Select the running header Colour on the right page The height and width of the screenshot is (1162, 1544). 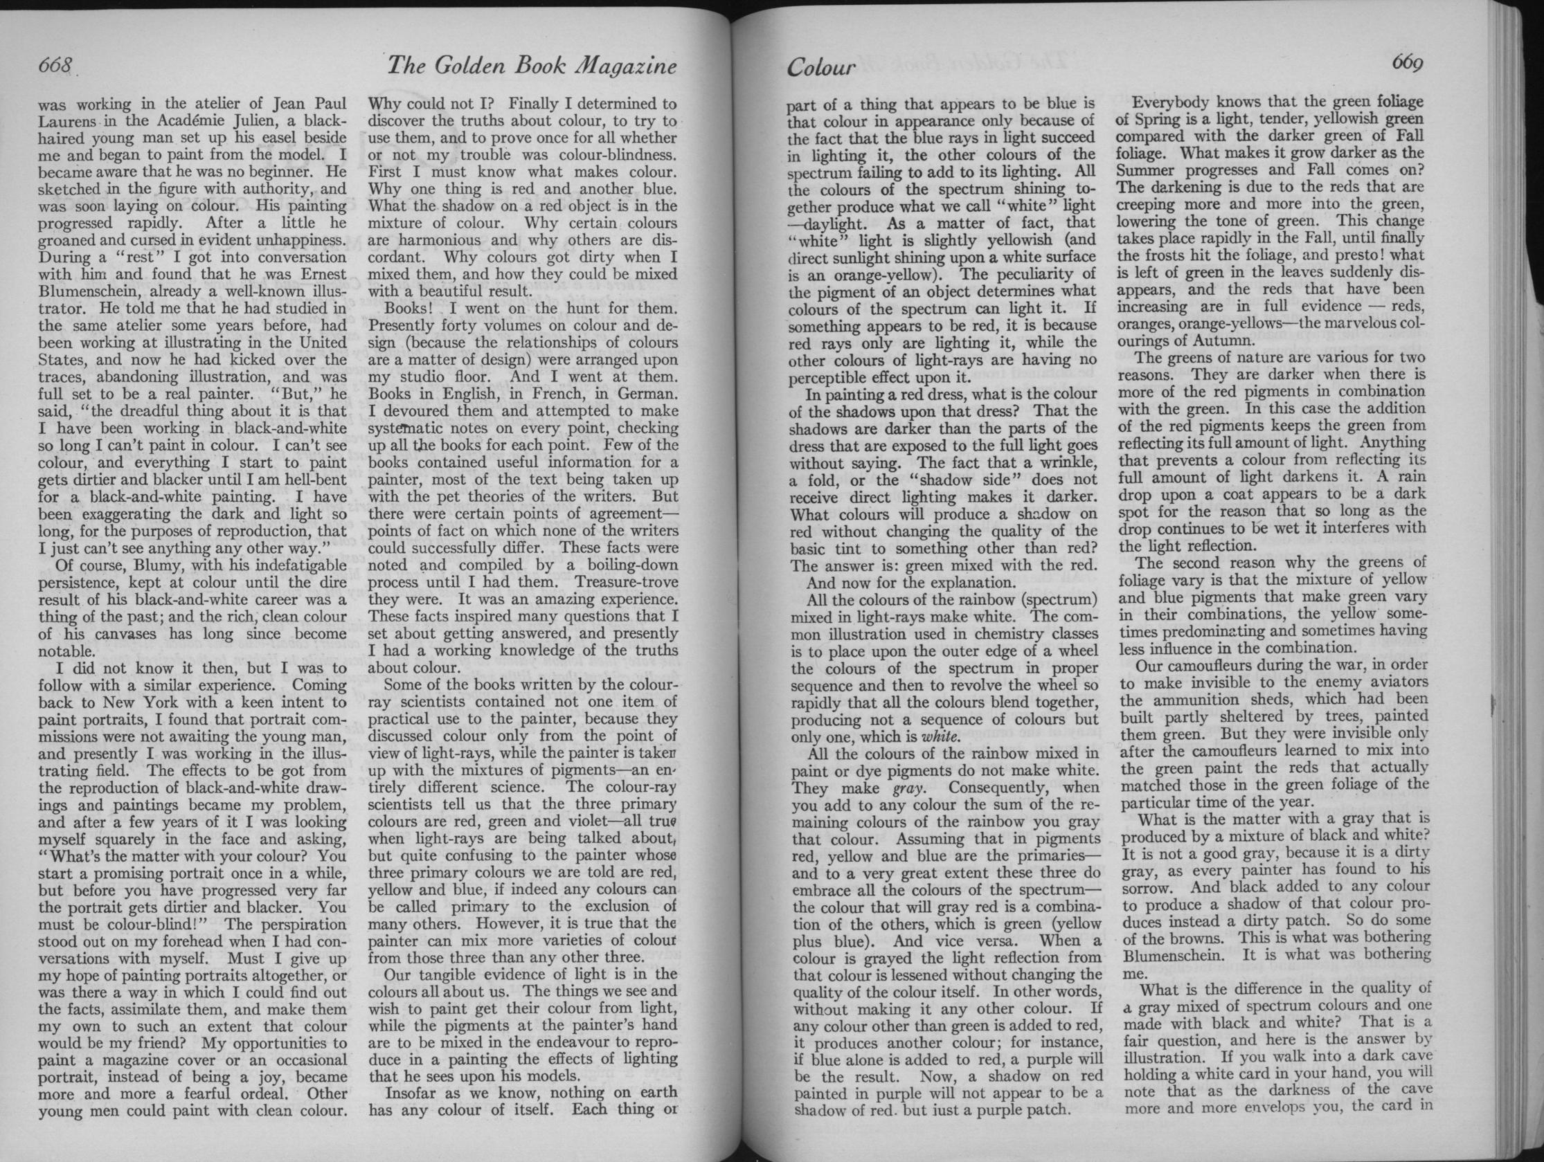821,68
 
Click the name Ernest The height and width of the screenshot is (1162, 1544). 317,275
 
